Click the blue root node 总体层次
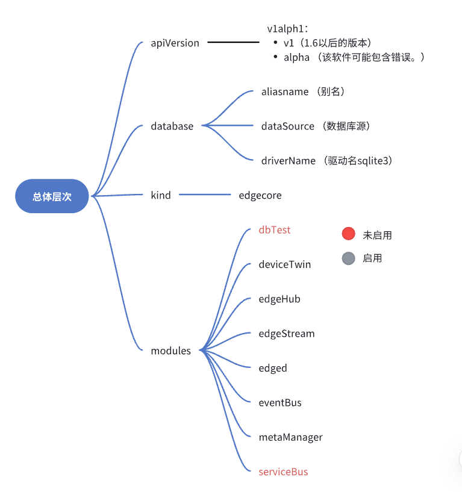[52, 196]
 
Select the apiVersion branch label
[175, 43]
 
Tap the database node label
[172, 126]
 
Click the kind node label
[161, 195]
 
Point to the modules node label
[170, 350]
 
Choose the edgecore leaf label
[260, 195]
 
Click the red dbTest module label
[275, 230]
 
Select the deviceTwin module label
[285, 264]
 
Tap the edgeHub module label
[279, 299]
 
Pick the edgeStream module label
[287, 334]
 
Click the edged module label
[273, 368]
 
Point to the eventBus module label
[280, 402]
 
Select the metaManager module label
[290, 437]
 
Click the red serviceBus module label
[283, 472]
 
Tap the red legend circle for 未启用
[348, 234]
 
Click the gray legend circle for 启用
[348, 258]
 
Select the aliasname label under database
[285, 92]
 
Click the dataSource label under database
[288, 126]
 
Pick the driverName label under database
[289, 161]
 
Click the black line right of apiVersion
[234, 43]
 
